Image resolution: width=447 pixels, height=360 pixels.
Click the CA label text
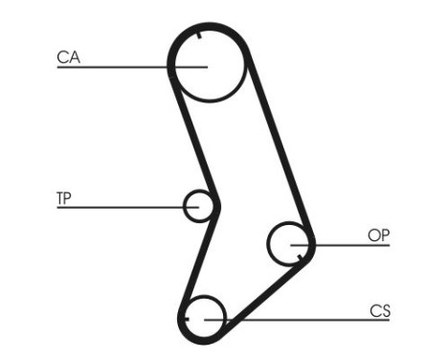68,57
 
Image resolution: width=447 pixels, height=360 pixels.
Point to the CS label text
380,310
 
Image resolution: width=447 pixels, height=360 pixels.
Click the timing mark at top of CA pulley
197,36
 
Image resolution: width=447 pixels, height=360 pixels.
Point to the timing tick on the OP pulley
300,256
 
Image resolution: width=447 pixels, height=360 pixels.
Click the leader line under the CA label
115,67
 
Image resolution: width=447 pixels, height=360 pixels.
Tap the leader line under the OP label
354,245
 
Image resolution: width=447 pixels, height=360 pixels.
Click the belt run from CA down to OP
278,144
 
